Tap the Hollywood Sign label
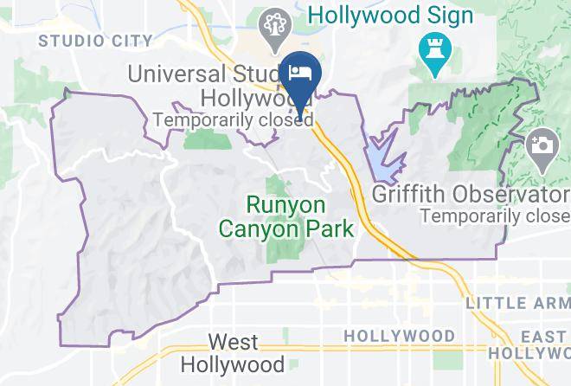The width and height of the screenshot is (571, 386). coord(391,16)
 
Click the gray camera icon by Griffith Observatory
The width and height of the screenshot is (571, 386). coord(542,144)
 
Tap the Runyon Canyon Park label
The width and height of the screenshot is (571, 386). coord(286,217)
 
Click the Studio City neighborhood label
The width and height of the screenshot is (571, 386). coord(95,40)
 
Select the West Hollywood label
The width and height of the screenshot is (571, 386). coord(234,351)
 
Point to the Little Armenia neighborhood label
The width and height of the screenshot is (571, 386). coord(517,303)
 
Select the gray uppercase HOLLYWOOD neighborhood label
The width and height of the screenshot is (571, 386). coord(399,335)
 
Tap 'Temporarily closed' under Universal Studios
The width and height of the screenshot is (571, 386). coord(232,120)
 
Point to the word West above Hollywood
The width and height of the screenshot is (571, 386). coord(234,341)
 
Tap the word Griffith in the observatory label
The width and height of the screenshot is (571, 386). coord(405,193)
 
